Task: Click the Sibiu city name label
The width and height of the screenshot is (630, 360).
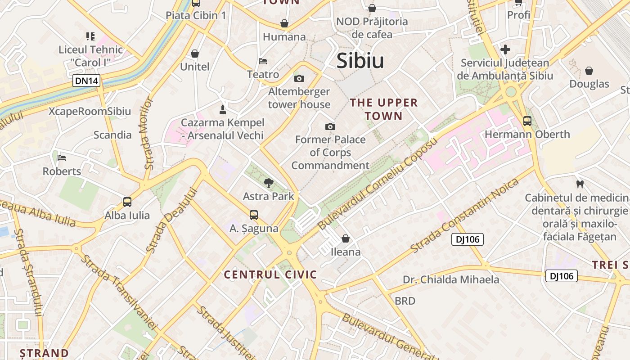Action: pyautogui.click(x=360, y=61)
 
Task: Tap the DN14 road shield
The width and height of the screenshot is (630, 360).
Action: pyautogui.click(x=87, y=81)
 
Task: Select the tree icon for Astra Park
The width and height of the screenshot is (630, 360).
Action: pyautogui.click(x=269, y=183)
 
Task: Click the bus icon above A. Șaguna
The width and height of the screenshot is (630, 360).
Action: pyautogui.click(x=254, y=215)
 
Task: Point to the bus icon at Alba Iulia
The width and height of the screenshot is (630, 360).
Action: pyautogui.click(x=127, y=202)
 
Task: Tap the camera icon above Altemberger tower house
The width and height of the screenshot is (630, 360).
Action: pyautogui.click(x=299, y=79)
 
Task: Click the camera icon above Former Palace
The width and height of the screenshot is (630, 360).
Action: pyautogui.click(x=330, y=126)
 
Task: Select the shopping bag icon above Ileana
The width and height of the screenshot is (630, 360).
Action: pyautogui.click(x=346, y=238)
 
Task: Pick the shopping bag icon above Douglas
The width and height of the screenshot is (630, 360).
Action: pyautogui.click(x=589, y=71)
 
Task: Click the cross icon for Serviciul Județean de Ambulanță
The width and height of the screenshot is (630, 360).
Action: pyautogui.click(x=505, y=49)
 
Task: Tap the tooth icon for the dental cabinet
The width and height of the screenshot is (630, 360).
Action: pyautogui.click(x=580, y=184)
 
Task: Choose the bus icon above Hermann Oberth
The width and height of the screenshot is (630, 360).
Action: pyautogui.click(x=527, y=121)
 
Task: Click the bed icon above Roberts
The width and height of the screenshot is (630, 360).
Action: pyautogui.click(x=62, y=158)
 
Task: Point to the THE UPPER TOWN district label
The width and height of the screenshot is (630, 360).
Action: pyautogui.click(x=384, y=109)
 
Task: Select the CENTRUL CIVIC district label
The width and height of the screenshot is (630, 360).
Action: pyautogui.click(x=270, y=274)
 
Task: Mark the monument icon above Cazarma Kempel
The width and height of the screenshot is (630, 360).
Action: pyautogui.click(x=222, y=109)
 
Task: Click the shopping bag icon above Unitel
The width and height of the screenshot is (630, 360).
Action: pyautogui.click(x=195, y=54)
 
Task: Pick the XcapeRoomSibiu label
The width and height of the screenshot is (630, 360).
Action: pyautogui.click(x=90, y=112)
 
